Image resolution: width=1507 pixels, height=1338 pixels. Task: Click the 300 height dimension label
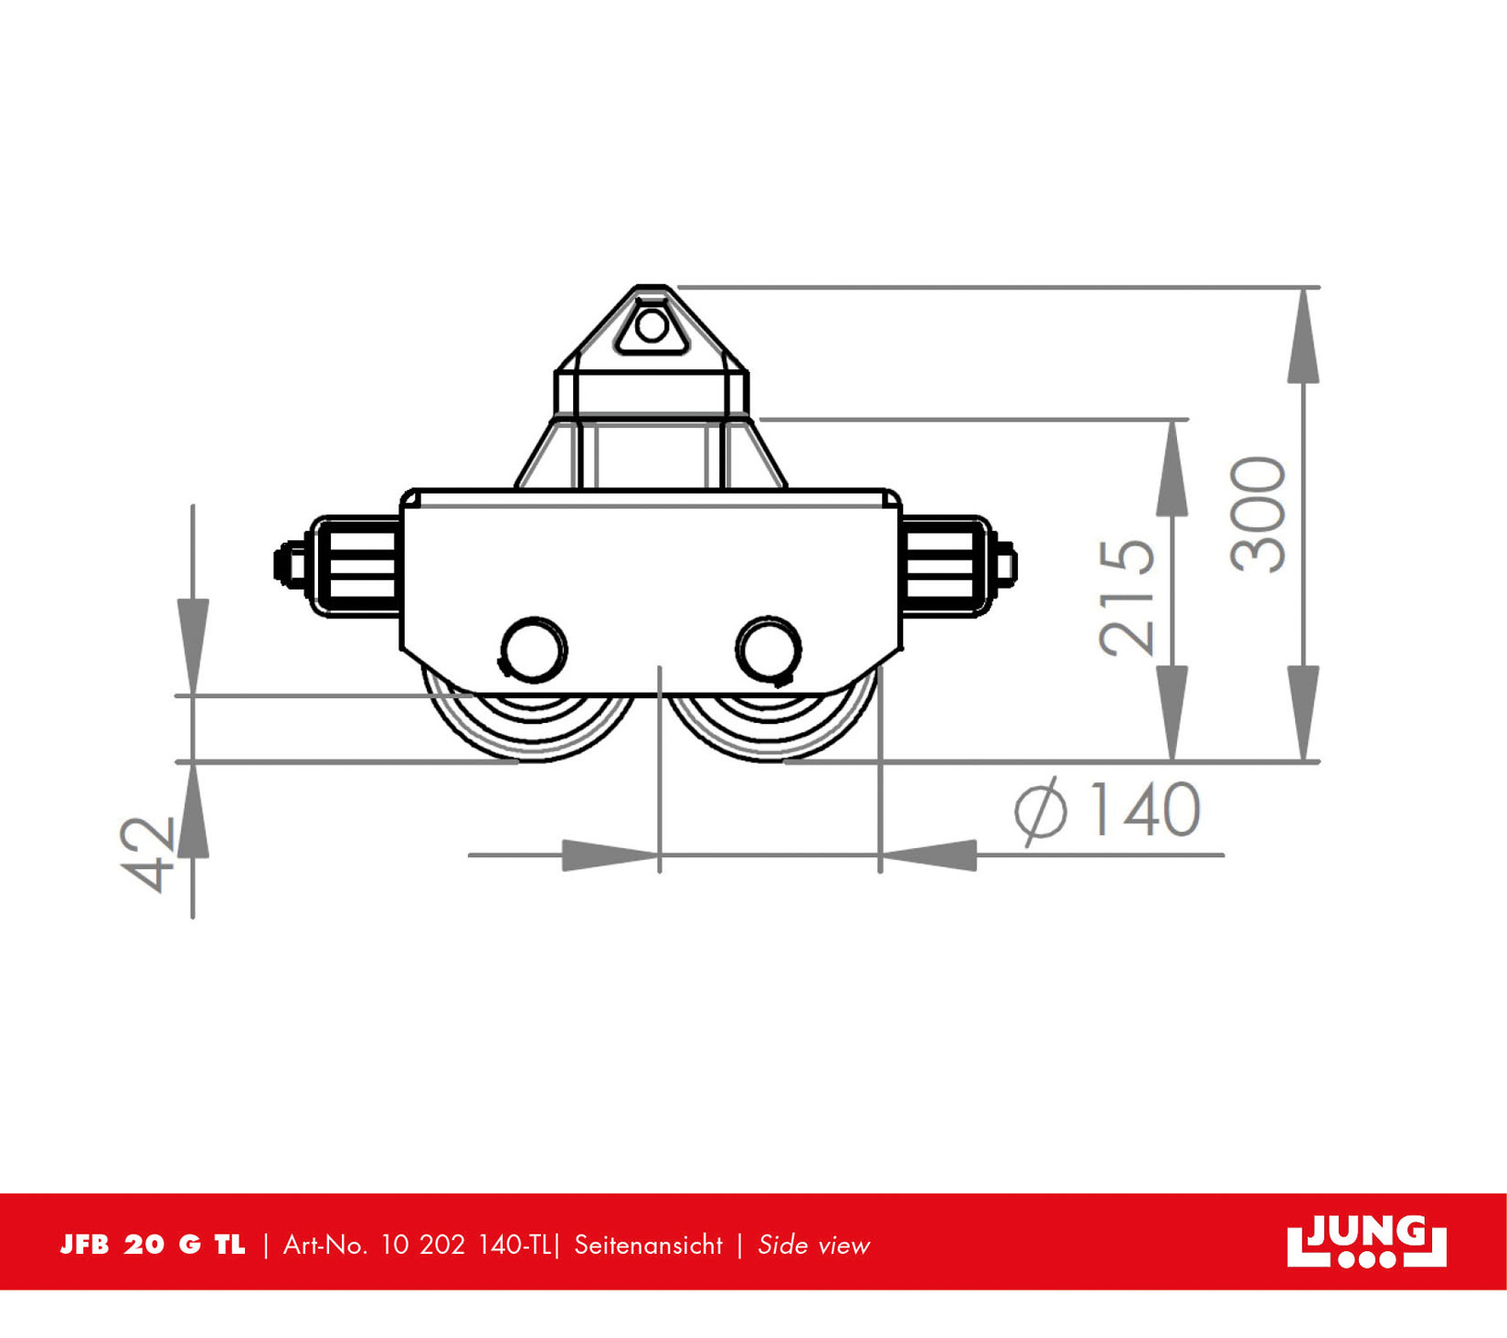point(1258,515)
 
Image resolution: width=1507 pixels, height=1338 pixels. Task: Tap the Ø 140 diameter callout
point(1108,809)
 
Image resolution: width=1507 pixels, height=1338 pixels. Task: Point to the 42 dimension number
point(147,855)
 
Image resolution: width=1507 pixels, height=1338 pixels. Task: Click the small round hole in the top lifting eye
point(652,325)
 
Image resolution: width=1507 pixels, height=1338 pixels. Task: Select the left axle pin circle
point(534,649)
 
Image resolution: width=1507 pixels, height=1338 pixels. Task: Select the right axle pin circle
point(769,649)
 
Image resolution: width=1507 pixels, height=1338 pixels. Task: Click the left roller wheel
point(530,722)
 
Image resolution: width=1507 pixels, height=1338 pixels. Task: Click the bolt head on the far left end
point(291,564)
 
